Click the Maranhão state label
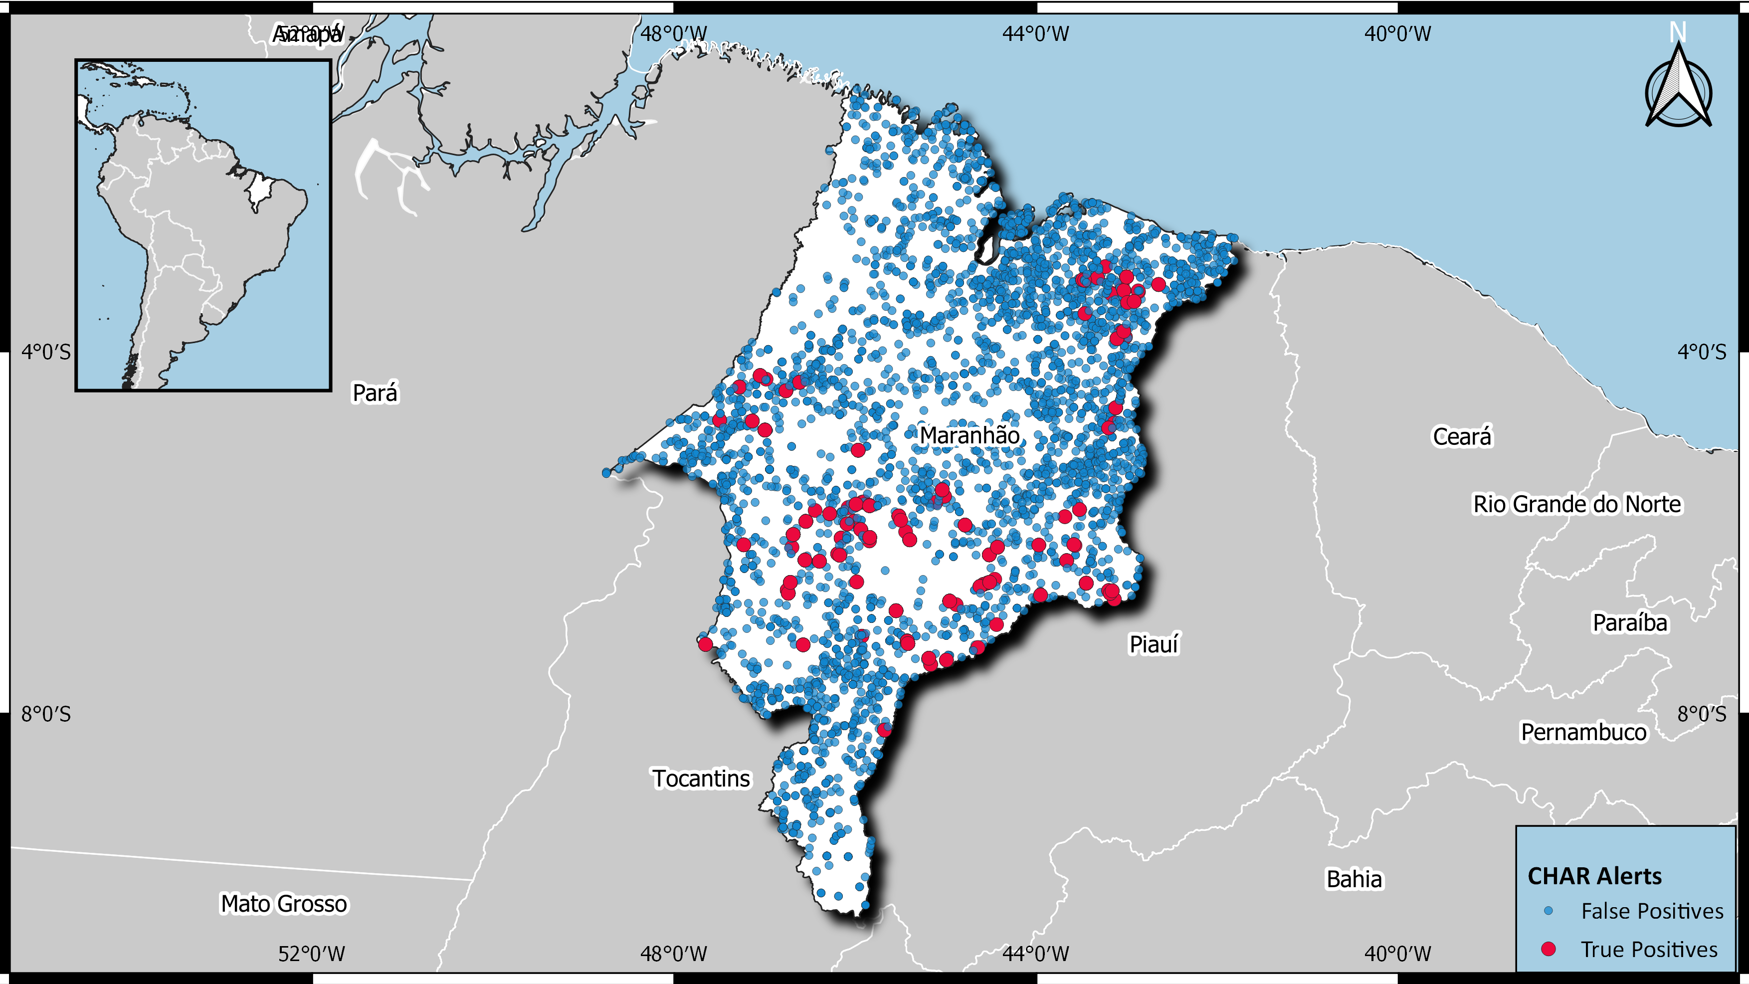point(970,435)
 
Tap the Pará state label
point(375,393)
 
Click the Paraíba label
point(1629,622)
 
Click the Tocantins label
point(701,778)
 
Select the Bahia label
point(1354,879)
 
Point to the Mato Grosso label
point(284,904)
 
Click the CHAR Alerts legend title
point(1594,876)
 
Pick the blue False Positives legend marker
point(1549,911)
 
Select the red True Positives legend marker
point(1548,949)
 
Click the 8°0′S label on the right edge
point(1702,714)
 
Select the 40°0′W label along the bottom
point(1398,954)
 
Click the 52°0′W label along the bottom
point(312,954)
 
